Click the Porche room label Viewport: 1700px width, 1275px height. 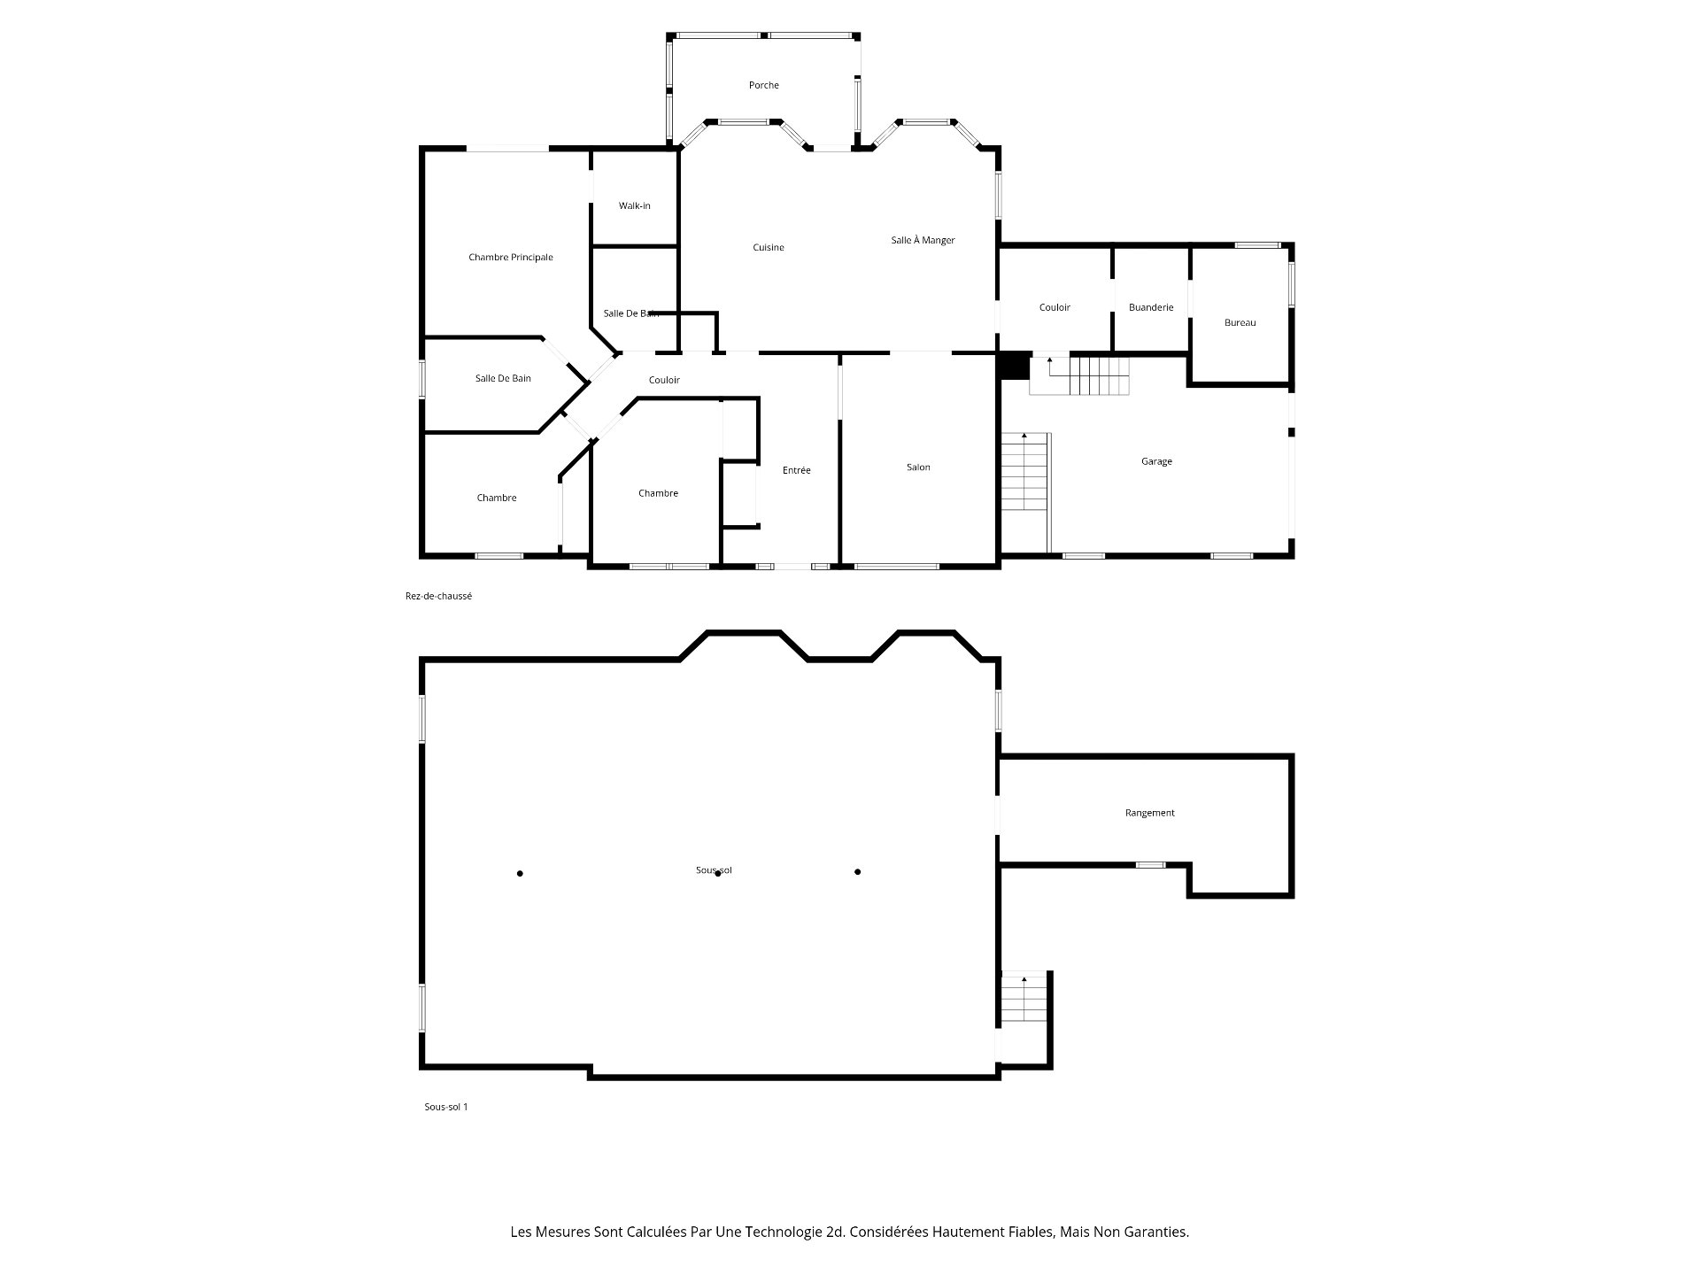(x=763, y=85)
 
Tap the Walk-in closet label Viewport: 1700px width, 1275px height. (x=634, y=205)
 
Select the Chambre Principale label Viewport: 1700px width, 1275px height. (x=511, y=258)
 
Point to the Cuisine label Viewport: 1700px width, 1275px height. (x=769, y=248)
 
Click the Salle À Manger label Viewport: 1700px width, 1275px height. (x=923, y=240)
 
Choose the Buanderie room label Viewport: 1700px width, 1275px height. (x=1151, y=307)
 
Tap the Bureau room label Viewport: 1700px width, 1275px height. (x=1240, y=322)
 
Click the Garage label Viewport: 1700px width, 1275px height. (x=1156, y=461)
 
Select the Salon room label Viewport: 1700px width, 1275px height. (x=918, y=467)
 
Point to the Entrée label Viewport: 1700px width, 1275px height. (x=796, y=470)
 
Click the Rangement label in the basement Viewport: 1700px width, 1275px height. (x=1149, y=813)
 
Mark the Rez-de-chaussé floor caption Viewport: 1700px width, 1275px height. (x=438, y=596)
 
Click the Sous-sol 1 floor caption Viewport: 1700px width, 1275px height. (x=445, y=1107)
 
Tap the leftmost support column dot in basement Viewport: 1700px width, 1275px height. (x=520, y=874)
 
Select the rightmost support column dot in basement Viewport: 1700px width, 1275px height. (x=858, y=872)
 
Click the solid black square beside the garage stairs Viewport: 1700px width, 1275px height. (x=1015, y=366)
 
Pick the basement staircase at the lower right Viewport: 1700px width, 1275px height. (x=1024, y=998)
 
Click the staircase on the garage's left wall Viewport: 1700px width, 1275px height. (x=1025, y=471)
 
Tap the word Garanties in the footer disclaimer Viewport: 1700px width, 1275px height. (x=1156, y=1232)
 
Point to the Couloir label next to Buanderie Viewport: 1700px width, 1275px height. (x=1055, y=307)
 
